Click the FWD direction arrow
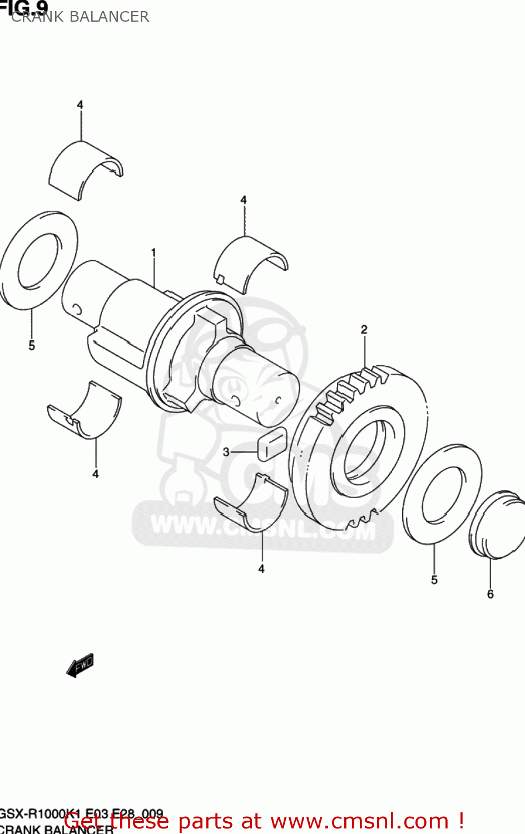(80, 665)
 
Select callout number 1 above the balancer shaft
(153, 253)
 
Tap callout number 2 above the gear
(364, 330)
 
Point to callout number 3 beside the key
(226, 452)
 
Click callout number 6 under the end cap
(491, 594)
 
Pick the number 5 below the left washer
(32, 345)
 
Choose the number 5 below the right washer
(434, 579)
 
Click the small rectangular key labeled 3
(272, 444)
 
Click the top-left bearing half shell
(85, 168)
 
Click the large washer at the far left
(38, 259)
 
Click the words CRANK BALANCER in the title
(80, 17)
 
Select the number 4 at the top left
(80, 105)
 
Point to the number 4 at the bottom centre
(261, 569)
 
